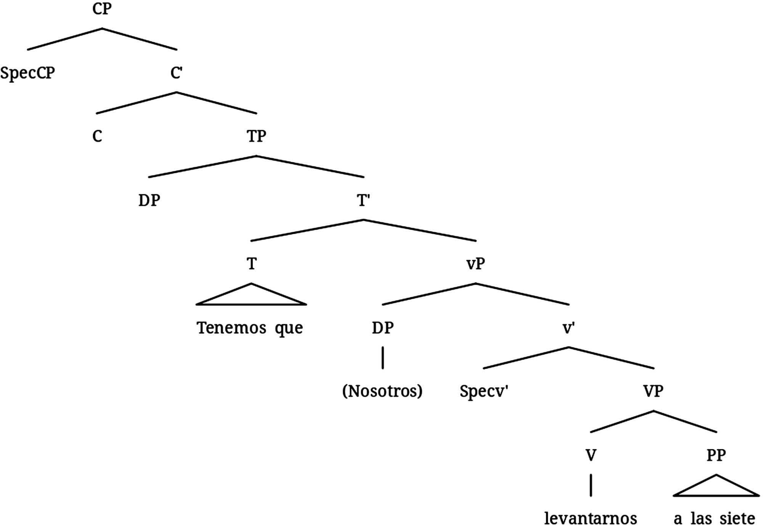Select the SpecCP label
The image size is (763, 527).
click(x=27, y=73)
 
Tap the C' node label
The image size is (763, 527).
click(x=176, y=73)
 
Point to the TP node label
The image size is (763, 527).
click(x=256, y=136)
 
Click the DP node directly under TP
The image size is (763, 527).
click(x=149, y=200)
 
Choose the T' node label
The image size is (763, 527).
click(x=363, y=200)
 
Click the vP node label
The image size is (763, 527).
click(x=475, y=264)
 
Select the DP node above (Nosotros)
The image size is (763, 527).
click(x=383, y=328)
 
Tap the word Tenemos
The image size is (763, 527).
click(x=231, y=328)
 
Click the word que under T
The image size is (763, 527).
click(x=289, y=329)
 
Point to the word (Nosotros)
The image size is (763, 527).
click(x=382, y=391)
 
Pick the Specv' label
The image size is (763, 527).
click(x=484, y=392)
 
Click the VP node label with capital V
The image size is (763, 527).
click(x=653, y=391)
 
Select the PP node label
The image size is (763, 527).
click(x=716, y=455)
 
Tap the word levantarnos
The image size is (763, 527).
click(x=591, y=519)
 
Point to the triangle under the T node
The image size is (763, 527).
click(x=251, y=297)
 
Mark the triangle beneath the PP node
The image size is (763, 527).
click(x=716, y=488)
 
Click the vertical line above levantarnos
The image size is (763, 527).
click(x=591, y=485)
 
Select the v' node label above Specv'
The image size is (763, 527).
click(x=568, y=328)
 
